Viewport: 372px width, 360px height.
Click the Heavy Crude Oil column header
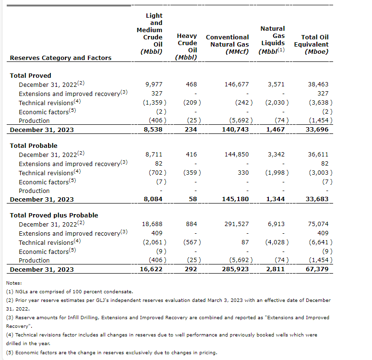pos(187,47)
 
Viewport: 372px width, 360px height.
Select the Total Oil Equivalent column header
pos(314,44)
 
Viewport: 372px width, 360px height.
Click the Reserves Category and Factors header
pos(60,58)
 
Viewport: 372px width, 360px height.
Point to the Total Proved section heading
pos(30,75)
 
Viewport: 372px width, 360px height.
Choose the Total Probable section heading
pos(34,145)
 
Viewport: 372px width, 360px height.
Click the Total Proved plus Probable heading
pos(54,216)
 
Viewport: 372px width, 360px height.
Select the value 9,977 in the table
pos(154,84)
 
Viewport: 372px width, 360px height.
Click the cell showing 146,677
pos(236,84)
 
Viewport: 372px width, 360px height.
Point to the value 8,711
pos(154,155)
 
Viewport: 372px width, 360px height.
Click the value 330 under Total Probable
pos(243,173)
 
